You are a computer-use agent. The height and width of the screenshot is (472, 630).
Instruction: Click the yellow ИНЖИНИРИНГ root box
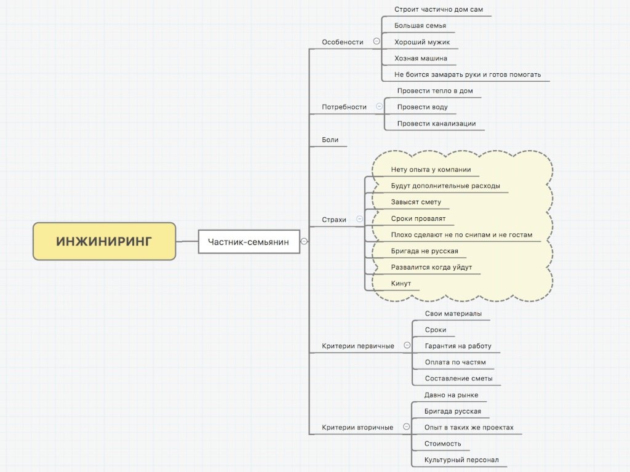point(105,241)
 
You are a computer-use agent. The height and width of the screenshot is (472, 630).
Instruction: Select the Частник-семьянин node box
point(249,242)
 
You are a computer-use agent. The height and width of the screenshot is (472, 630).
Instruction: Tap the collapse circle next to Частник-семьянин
point(304,241)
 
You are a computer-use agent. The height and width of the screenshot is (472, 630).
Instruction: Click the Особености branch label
point(342,42)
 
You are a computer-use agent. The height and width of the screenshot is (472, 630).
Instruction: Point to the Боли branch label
point(330,140)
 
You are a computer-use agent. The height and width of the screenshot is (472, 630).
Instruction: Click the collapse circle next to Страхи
point(359,219)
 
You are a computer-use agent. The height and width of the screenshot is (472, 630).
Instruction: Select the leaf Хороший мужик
point(422,42)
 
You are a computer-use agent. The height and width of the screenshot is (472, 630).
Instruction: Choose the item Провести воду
point(422,107)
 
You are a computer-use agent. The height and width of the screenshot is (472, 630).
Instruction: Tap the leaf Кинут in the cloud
point(401,284)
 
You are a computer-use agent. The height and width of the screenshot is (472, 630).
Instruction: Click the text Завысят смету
point(416,202)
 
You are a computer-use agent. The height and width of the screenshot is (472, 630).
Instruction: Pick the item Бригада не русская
point(425,251)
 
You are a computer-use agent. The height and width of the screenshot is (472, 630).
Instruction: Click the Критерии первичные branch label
point(358,346)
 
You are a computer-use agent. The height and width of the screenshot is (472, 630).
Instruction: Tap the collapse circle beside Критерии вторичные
point(407,426)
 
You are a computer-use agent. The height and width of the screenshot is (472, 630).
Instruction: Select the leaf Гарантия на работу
point(458,346)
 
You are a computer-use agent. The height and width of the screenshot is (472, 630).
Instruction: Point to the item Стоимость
point(443,444)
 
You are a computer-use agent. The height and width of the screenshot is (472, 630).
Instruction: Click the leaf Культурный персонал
point(461,460)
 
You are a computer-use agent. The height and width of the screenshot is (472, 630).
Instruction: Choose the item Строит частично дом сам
point(438,10)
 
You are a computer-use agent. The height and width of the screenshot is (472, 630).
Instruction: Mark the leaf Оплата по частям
point(455,362)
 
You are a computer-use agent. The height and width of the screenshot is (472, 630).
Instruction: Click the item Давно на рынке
point(451,395)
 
